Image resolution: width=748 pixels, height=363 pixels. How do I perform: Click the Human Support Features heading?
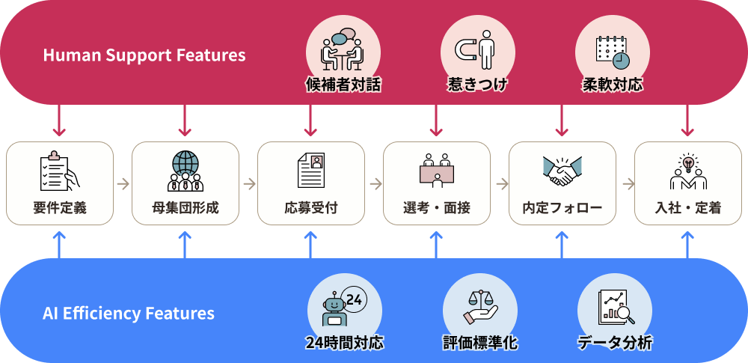click(144, 55)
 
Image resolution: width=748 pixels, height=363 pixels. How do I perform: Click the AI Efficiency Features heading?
click(129, 313)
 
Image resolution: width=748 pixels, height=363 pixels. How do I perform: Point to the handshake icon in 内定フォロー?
click(562, 171)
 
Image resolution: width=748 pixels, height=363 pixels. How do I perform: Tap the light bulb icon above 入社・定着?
click(688, 162)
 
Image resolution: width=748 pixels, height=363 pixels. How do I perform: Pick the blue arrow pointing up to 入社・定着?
click(688, 244)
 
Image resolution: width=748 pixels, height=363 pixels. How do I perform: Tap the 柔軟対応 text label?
click(613, 85)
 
